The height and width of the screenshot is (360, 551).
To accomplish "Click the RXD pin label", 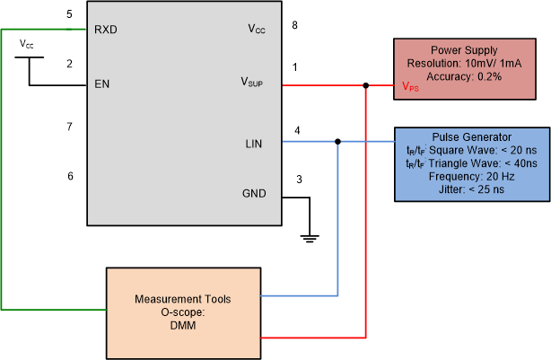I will (106, 29).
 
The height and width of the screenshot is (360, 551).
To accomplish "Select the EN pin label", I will (102, 85).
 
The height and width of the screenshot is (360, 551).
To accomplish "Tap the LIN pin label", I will (256, 143).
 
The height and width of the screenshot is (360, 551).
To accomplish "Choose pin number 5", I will (69, 14).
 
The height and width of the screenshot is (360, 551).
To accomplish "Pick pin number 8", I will (295, 25).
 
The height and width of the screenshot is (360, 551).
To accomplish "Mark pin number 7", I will (69, 127).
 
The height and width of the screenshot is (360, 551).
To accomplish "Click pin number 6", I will (69, 175).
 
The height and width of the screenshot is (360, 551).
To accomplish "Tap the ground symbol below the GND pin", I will (310, 238).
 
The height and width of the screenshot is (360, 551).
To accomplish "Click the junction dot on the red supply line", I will (366, 86).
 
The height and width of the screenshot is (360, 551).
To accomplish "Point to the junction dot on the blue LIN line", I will (337, 142).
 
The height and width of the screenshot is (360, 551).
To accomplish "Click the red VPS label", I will (410, 87).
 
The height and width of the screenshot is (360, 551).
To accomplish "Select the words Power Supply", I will (464, 50).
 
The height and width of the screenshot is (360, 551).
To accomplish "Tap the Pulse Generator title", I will (470, 136).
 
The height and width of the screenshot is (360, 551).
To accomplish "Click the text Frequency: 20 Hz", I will (470, 178).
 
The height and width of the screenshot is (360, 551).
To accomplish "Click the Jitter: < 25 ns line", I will (470, 191).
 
